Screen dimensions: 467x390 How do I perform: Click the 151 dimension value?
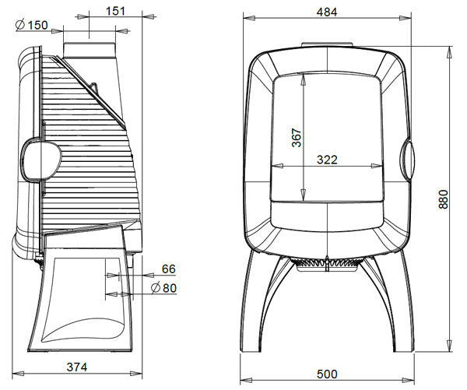click(115, 11)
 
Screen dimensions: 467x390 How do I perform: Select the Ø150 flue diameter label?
click(32, 25)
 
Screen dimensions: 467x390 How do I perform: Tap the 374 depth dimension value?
click(77, 367)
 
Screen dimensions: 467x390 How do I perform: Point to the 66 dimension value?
click(169, 269)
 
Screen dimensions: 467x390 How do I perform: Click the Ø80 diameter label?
click(163, 288)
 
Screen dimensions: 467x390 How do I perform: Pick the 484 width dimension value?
click(327, 12)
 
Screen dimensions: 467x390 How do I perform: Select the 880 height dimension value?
click(443, 199)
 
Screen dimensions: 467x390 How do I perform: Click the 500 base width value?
click(327, 374)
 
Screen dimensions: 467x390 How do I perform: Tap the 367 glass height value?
click(297, 138)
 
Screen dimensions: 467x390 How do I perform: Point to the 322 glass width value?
click(327, 160)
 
